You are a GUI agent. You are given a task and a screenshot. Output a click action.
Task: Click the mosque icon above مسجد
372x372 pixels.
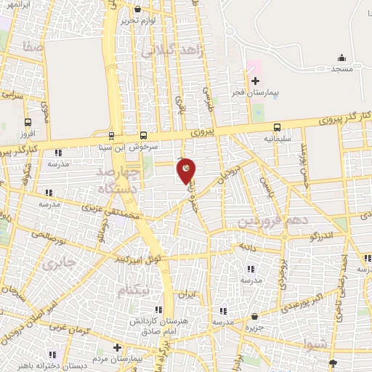click(342, 57)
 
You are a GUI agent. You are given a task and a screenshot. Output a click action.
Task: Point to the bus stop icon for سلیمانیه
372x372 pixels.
click(278, 126)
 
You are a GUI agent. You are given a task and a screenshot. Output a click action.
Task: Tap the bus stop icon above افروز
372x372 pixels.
click(28, 122)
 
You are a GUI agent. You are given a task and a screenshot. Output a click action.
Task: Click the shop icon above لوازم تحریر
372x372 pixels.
click(138, 9)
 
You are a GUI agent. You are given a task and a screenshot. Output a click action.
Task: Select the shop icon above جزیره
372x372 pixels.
click(255, 317)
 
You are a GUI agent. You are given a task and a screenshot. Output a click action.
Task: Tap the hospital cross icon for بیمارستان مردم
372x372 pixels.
click(117, 348)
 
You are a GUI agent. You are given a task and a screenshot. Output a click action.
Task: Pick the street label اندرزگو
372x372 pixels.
click(321, 236)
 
